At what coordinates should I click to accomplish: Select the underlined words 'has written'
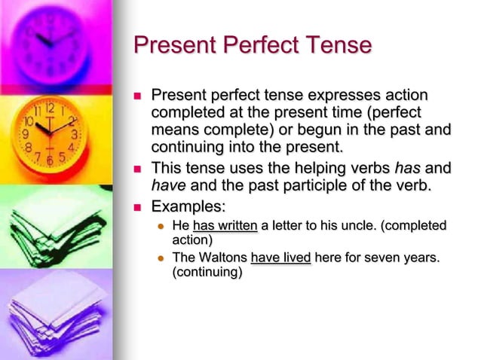225,225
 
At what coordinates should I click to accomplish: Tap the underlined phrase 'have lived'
280,258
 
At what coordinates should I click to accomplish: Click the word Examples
188,206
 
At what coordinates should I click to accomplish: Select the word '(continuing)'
207,273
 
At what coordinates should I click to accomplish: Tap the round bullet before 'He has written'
161,226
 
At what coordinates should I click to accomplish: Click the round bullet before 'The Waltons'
161,258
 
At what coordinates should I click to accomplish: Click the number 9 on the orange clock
26,134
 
